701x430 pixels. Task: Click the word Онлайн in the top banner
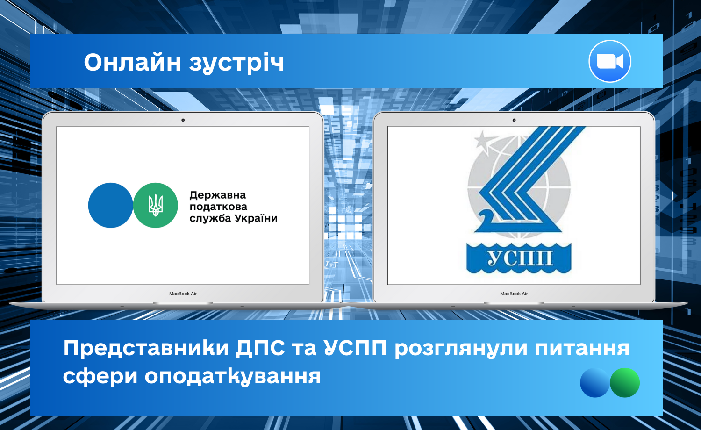(x=132, y=62)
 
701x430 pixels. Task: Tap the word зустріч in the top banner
(x=236, y=64)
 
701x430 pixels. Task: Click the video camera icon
(x=609, y=61)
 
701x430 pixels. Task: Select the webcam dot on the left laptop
(x=183, y=120)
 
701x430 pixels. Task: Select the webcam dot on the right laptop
(x=514, y=120)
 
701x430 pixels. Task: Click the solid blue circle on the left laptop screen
(x=111, y=205)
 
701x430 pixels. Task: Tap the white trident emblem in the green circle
(x=156, y=205)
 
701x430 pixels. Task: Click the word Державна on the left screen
(x=217, y=195)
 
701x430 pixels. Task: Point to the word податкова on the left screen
(x=218, y=207)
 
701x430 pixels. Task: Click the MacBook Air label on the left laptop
(x=183, y=294)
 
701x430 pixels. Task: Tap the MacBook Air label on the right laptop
(x=514, y=294)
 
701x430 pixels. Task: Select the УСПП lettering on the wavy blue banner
(x=519, y=258)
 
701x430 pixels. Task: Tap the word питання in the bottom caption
(x=582, y=349)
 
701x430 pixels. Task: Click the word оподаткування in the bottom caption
(x=233, y=377)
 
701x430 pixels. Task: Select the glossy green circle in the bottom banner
(x=625, y=382)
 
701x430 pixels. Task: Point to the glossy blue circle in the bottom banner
(x=595, y=382)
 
